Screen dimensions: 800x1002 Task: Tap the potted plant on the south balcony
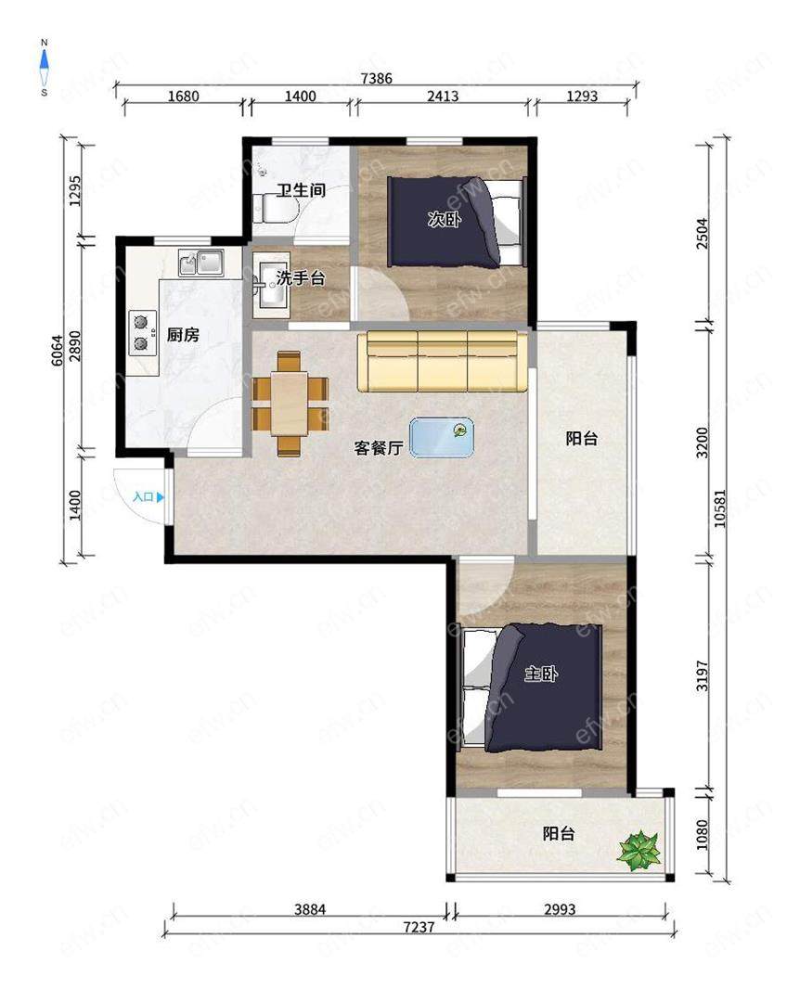(x=639, y=850)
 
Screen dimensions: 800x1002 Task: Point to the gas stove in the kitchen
(x=143, y=333)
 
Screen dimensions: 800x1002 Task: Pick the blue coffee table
(x=442, y=438)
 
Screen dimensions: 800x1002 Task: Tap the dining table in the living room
(x=290, y=404)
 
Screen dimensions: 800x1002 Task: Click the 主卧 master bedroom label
(x=541, y=674)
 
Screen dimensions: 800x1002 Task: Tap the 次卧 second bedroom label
(x=445, y=220)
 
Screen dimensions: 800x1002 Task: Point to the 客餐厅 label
(x=379, y=447)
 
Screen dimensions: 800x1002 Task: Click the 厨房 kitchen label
(x=183, y=334)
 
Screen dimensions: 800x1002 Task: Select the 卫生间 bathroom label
(x=302, y=190)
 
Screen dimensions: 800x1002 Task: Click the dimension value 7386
(x=376, y=79)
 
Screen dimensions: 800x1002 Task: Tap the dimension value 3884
(x=310, y=908)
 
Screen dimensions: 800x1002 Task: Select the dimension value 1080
(x=703, y=835)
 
